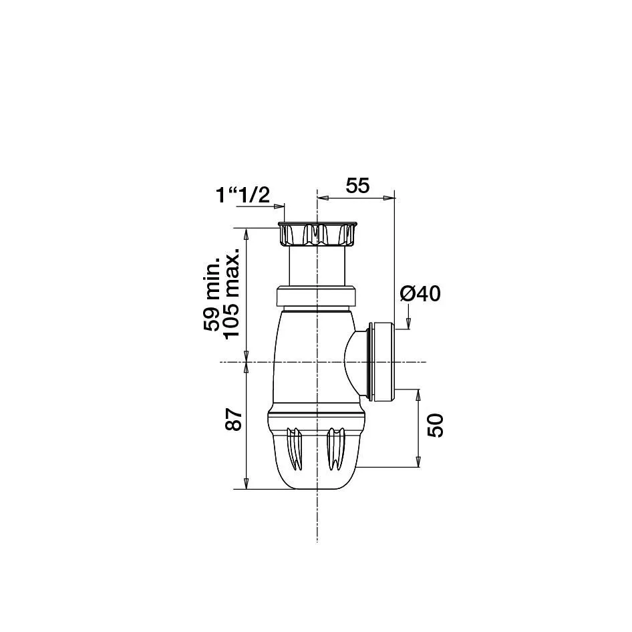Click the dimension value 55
(x=357, y=186)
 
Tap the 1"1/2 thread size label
(x=243, y=196)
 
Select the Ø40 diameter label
(x=420, y=294)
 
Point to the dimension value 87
(x=233, y=420)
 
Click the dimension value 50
(x=436, y=426)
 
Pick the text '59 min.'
(x=212, y=293)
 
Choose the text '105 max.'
(x=231, y=294)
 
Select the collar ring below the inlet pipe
(x=317, y=296)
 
